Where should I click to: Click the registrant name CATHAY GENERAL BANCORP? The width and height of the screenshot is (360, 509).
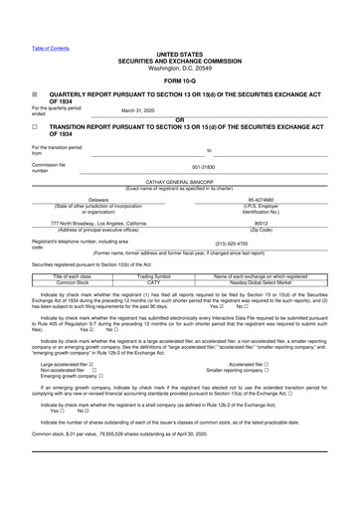(179, 183)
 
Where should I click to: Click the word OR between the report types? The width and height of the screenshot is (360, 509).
(179, 119)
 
